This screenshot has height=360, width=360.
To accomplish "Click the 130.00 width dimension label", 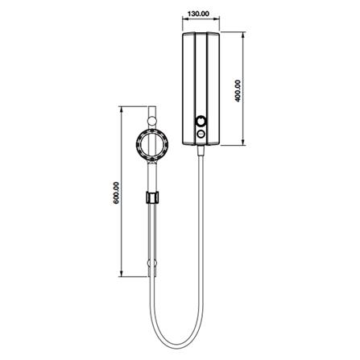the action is pos(198,14).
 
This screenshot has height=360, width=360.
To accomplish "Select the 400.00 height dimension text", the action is pos(238,91).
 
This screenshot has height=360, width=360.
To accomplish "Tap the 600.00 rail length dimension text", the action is pos(116,192).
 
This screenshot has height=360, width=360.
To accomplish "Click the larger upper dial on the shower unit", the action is pos(201,122).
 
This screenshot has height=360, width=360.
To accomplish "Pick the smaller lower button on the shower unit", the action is pos(201,134).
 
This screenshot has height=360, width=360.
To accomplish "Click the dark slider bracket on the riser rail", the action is pos(152,197).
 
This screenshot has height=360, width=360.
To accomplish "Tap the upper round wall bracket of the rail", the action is pos(152,121).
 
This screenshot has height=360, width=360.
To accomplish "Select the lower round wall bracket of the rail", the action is pos(152,263).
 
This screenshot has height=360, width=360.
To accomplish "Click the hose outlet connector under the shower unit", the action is pos(201,151).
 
